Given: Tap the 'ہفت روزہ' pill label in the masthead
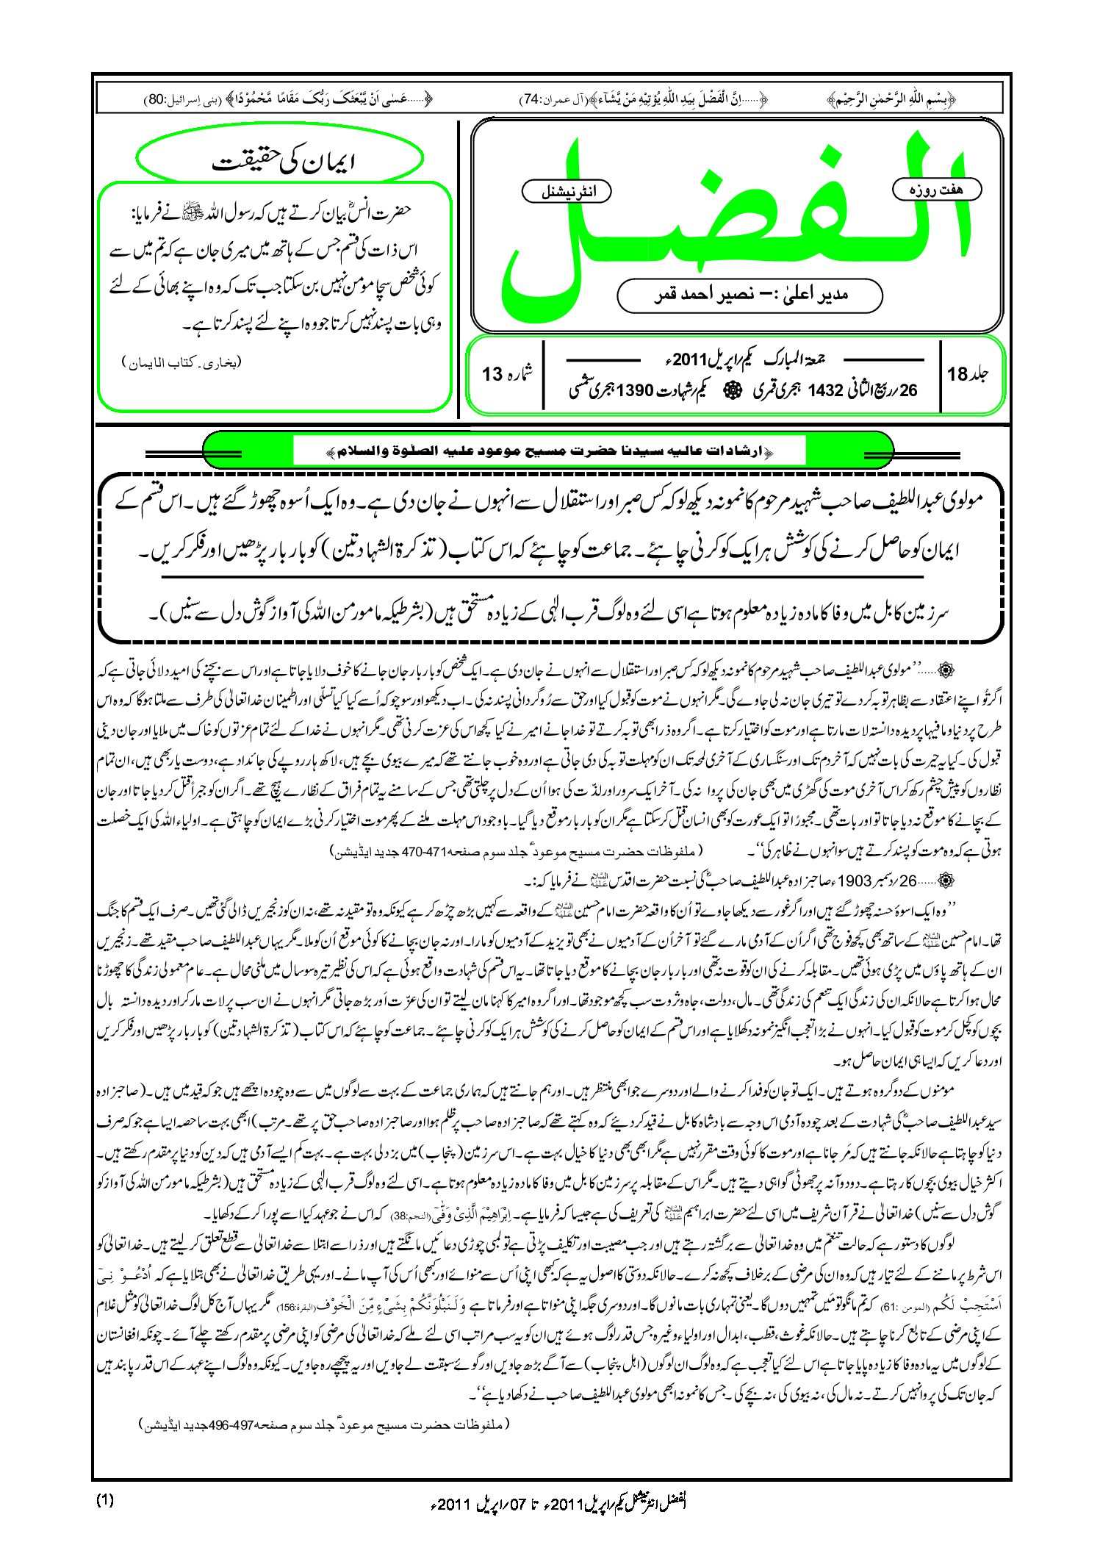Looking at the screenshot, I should tap(936, 190).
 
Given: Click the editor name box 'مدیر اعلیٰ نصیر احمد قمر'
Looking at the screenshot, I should tap(749, 295).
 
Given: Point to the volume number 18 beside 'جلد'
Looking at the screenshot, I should tap(958, 375).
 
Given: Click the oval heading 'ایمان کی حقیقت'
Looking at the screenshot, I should tap(280, 160).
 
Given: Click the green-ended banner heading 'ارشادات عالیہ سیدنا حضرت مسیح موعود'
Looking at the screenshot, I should tap(548, 451).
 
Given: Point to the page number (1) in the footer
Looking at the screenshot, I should tap(105, 1500).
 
